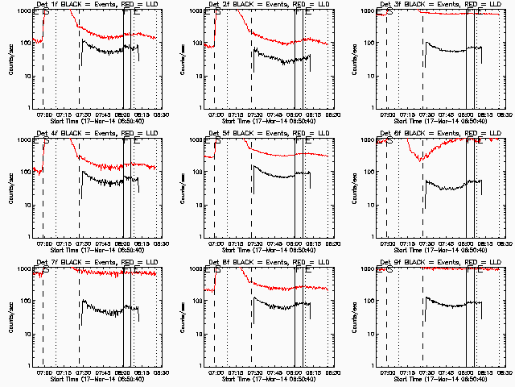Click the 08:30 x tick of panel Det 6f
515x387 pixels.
501,243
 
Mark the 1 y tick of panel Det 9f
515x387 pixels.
373,364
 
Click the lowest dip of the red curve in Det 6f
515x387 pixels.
421,160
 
